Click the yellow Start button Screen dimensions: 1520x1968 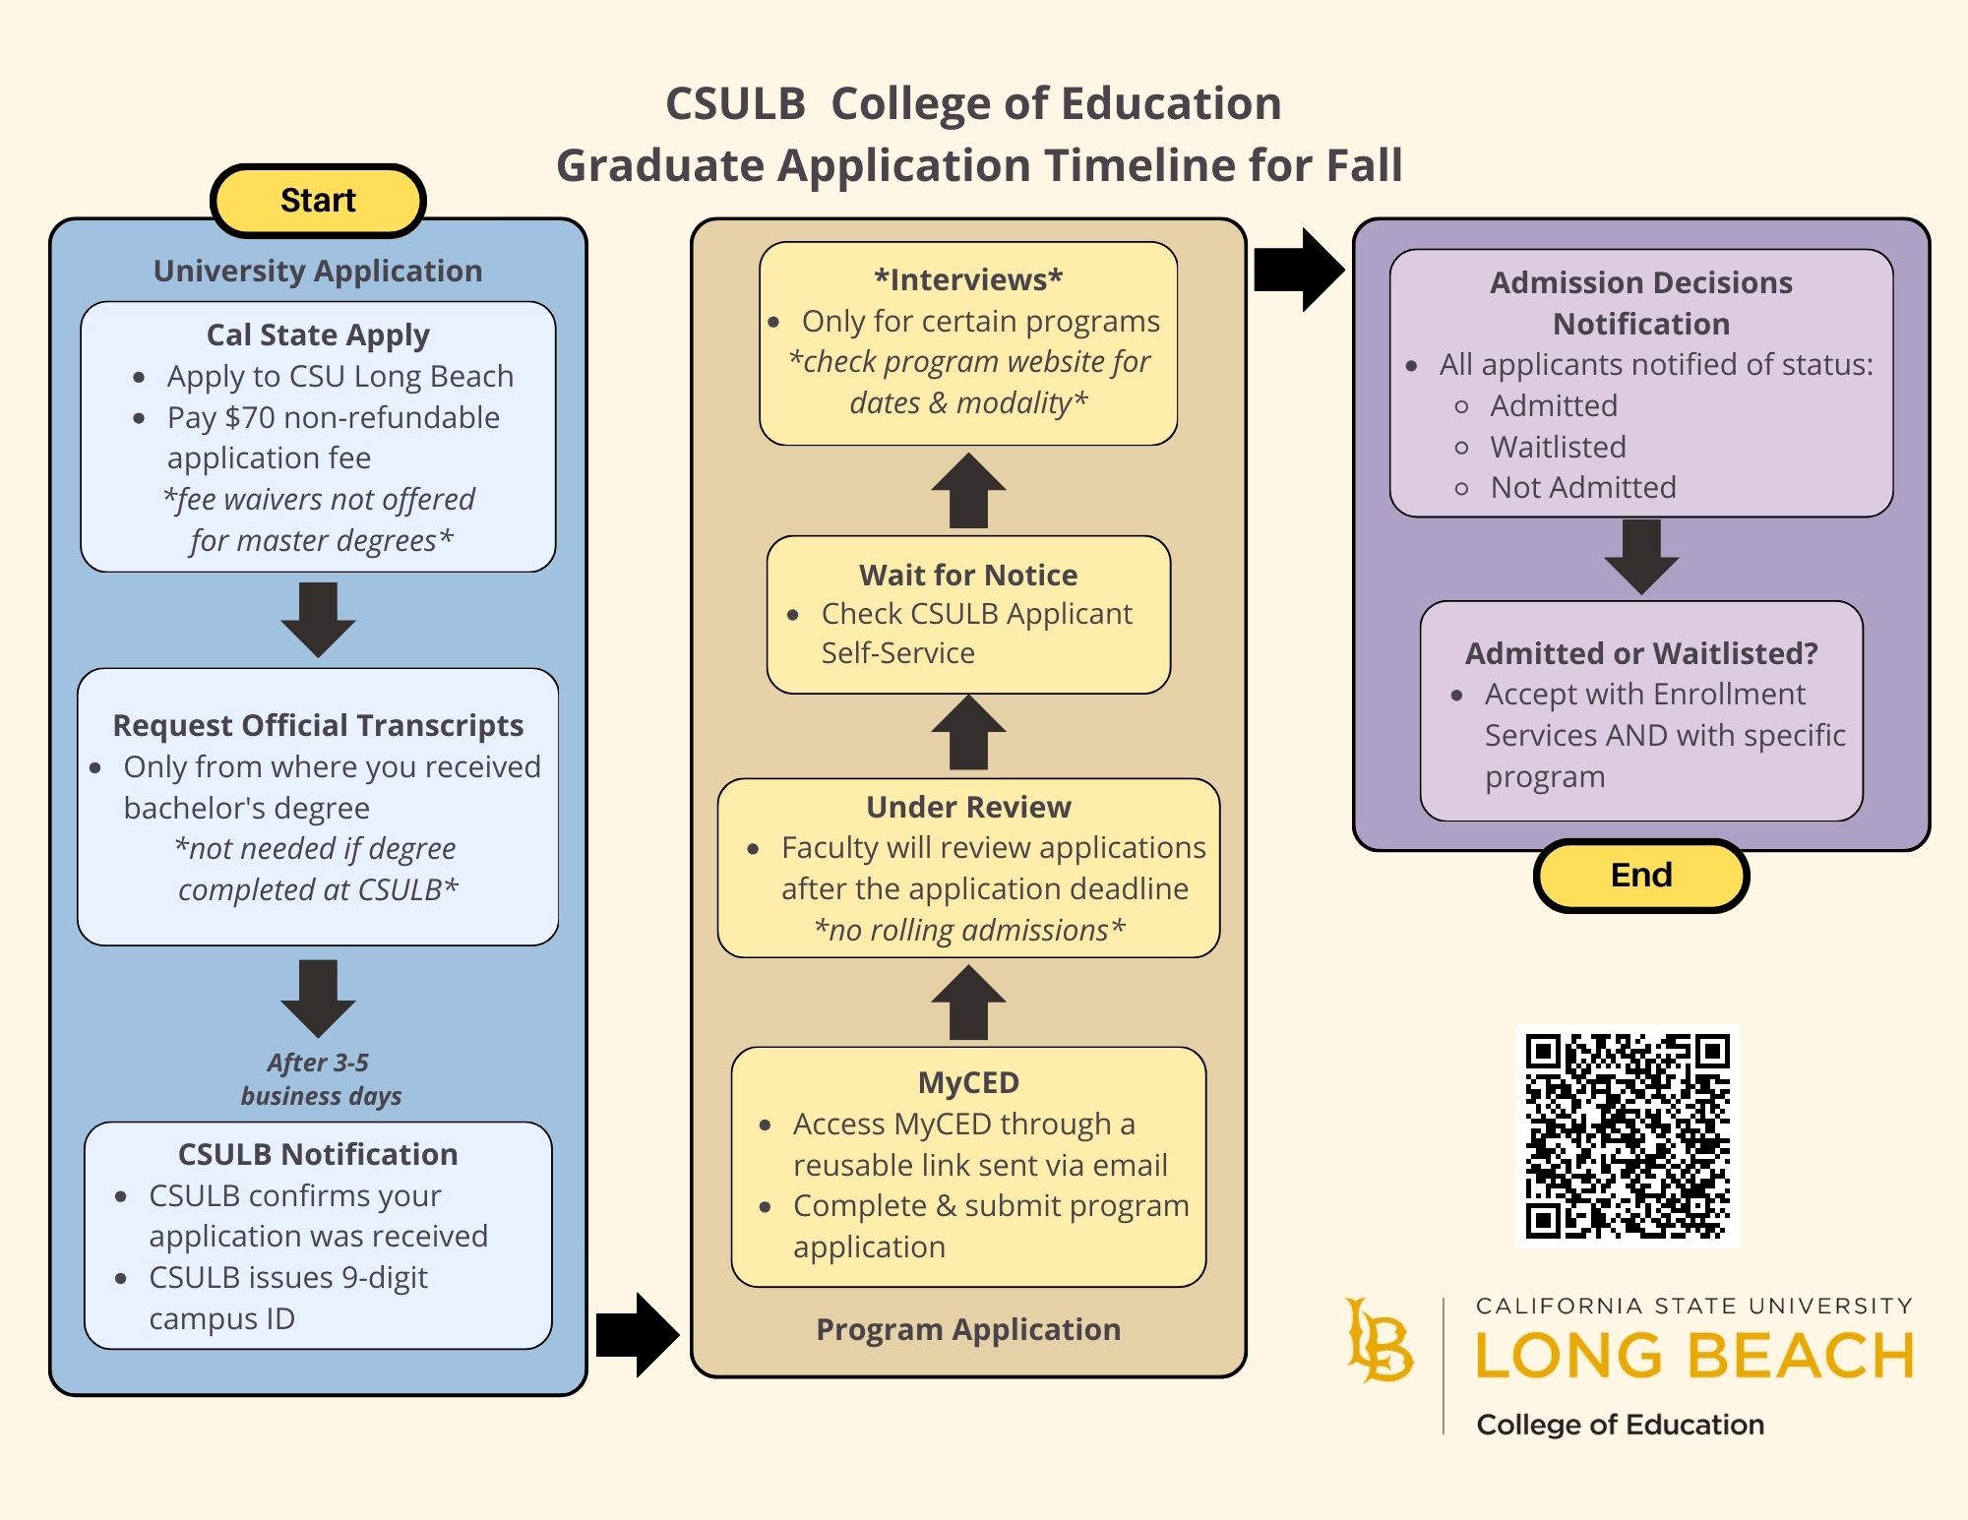(318, 201)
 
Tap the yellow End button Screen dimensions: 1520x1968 (1640, 875)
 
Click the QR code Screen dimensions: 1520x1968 (1628, 1135)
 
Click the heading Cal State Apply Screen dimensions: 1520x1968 (318, 335)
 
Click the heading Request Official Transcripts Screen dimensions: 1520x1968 (318, 725)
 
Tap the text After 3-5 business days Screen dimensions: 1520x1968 (320, 1079)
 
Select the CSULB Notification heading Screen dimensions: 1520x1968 (318, 1154)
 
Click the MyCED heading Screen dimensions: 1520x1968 (968, 1082)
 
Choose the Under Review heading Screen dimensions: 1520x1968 (968, 807)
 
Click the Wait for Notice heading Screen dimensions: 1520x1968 (968, 575)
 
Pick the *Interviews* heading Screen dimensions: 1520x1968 (968, 280)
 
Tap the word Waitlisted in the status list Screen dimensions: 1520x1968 (1558, 448)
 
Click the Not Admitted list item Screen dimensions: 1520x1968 (1582, 488)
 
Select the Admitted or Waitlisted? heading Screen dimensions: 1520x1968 (1640, 653)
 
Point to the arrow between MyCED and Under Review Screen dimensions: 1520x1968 (968, 1003)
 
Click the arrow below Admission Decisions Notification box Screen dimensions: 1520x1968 (1640, 557)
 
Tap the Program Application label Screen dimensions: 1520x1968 (968, 1330)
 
